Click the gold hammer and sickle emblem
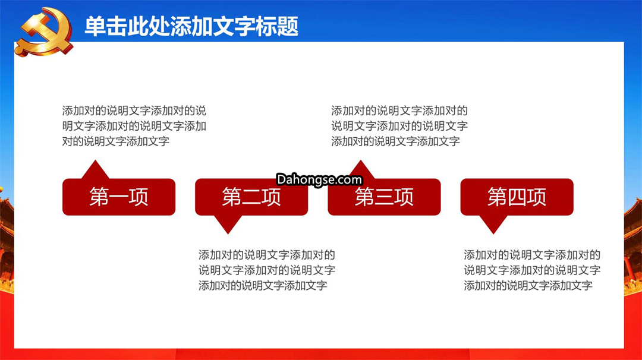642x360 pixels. [x=44, y=32]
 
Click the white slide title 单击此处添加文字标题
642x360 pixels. [x=191, y=27]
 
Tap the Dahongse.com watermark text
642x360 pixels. [x=319, y=179]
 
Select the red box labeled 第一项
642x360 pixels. [x=119, y=197]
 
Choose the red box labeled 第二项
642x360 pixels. [x=251, y=197]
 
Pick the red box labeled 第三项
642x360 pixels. [x=384, y=197]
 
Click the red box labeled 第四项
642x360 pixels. [x=517, y=197]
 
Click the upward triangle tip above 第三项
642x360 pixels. [x=361, y=160]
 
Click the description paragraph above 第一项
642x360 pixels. [x=134, y=126]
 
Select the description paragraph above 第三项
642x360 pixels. [x=399, y=126]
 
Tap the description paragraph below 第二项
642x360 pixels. [x=266, y=270]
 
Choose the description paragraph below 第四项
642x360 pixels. [x=532, y=270]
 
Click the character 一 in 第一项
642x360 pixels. [x=119, y=197]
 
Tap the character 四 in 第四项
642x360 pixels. [x=517, y=197]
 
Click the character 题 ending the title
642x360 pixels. [x=288, y=27]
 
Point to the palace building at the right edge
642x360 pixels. [x=633, y=245]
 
